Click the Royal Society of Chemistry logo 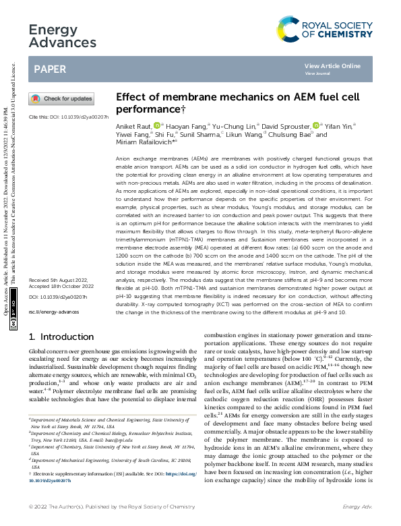pos(325,28)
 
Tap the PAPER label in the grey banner pos(49,69)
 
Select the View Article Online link pos(332,65)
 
